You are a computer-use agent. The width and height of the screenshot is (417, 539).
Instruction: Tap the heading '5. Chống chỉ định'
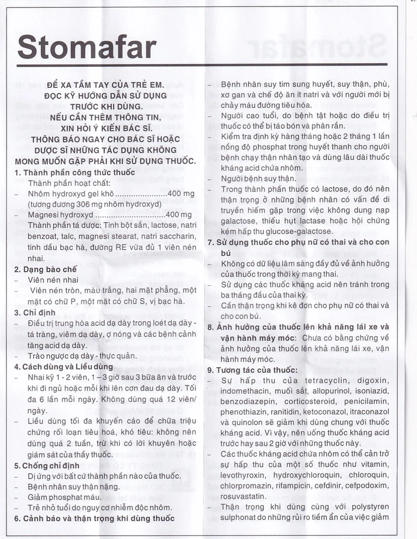47,465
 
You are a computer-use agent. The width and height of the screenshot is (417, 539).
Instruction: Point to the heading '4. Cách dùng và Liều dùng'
64,366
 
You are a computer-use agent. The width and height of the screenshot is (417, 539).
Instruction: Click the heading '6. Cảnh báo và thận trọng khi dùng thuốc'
94,518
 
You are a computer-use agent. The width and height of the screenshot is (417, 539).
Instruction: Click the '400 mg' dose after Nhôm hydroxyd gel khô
181,194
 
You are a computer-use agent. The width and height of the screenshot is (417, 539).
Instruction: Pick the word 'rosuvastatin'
244,496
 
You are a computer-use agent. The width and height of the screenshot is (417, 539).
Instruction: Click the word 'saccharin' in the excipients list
178,236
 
